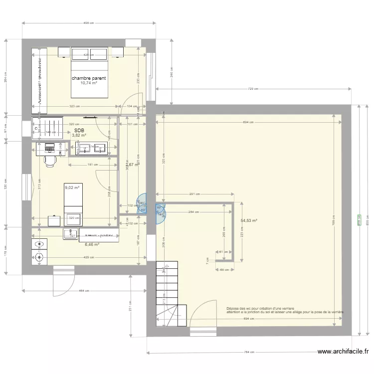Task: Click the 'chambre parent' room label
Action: [x=88, y=78]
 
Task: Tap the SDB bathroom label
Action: [x=79, y=130]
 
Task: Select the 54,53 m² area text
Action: [x=248, y=220]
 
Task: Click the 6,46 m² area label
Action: [x=92, y=244]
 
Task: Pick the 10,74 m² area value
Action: [x=88, y=83]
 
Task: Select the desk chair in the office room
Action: [x=49, y=161]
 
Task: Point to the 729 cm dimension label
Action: [x=253, y=89]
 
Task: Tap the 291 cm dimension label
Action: [x=194, y=194]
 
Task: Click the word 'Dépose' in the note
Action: [x=232, y=308]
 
